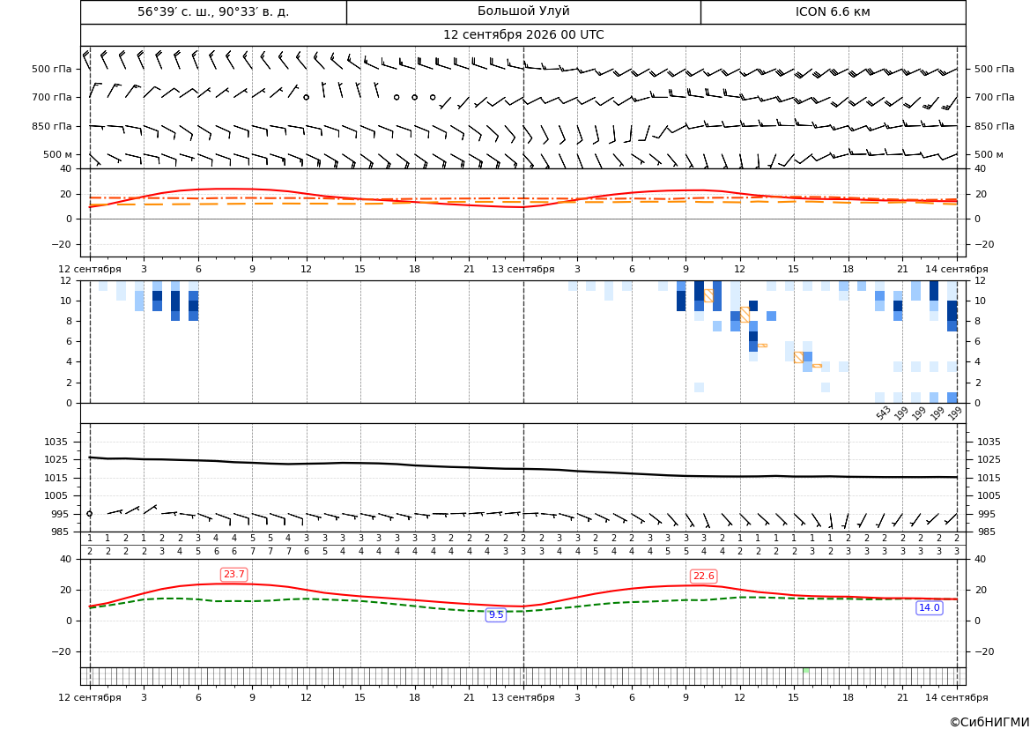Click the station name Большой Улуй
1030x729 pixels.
click(523, 11)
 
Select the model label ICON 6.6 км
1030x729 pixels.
click(833, 11)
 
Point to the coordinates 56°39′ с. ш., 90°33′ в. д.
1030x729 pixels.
click(213, 11)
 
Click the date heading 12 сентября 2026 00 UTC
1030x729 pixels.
click(523, 35)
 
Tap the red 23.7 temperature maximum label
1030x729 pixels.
click(233, 575)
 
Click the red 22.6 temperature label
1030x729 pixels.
click(703, 576)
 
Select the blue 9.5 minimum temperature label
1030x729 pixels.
click(496, 614)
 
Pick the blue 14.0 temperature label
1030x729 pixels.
click(929, 607)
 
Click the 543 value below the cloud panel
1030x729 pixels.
click(883, 413)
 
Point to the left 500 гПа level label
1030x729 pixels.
click(52, 69)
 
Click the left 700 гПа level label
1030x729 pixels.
click(52, 97)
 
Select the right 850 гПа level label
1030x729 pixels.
click(995, 126)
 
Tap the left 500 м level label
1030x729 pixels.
click(58, 154)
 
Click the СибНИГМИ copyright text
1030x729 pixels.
click(989, 722)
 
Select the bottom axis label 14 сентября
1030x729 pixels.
click(957, 697)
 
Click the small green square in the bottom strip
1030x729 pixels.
click(806, 670)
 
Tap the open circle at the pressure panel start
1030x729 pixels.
click(89, 514)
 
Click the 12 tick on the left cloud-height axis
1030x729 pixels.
click(66, 280)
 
